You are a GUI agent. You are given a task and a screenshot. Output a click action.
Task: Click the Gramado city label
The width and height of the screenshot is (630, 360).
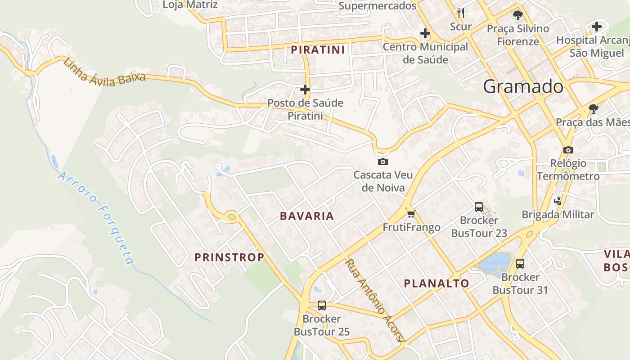(523, 86)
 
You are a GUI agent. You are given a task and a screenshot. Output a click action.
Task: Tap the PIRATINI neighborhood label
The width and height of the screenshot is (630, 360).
(318, 49)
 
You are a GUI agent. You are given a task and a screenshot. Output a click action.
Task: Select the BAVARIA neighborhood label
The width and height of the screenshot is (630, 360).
(307, 216)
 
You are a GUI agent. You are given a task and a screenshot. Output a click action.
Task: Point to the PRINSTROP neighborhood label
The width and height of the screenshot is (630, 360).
(229, 257)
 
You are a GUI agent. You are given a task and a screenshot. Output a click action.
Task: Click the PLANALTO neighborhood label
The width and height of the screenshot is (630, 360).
(436, 283)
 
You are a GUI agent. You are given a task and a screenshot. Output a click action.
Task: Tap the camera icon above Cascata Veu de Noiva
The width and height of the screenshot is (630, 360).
(383, 162)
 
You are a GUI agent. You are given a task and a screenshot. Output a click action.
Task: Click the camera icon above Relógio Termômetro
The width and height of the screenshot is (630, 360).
(568, 150)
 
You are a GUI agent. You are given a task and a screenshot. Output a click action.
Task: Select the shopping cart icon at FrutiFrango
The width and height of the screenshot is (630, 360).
(411, 214)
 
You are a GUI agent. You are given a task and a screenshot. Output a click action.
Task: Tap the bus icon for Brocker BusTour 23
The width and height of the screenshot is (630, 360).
(479, 207)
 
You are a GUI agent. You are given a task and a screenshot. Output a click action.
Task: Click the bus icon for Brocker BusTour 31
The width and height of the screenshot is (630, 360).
(520, 264)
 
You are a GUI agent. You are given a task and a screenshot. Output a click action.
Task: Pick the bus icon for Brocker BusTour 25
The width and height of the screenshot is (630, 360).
(322, 306)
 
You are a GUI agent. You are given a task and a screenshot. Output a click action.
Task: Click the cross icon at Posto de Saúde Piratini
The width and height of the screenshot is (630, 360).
(305, 90)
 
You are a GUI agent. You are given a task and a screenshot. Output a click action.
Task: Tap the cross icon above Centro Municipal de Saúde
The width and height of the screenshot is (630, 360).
(425, 33)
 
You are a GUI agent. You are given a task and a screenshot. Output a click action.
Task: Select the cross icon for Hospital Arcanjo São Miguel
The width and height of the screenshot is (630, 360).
(597, 27)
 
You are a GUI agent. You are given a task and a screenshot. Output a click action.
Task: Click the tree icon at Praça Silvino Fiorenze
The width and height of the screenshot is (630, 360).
(518, 15)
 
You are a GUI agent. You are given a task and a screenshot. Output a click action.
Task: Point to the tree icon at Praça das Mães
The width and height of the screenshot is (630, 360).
(594, 108)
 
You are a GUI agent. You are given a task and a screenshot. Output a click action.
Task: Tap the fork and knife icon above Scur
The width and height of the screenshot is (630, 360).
(460, 13)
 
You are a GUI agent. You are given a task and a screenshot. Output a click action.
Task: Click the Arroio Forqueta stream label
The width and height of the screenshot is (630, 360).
(96, 218)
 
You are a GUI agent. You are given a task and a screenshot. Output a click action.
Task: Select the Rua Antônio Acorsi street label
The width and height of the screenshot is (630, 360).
(375, 300)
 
